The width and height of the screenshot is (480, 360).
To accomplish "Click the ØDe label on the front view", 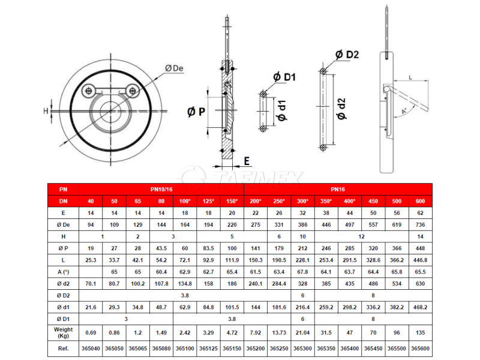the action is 174,68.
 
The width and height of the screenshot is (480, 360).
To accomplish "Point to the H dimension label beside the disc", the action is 46,111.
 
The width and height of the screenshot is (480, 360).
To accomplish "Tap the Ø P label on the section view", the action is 196,112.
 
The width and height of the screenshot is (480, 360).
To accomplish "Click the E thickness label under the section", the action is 247,161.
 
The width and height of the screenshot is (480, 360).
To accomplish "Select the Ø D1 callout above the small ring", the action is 284,77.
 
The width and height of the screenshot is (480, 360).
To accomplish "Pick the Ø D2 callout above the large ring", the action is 347,55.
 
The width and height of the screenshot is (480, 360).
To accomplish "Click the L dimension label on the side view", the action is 410,77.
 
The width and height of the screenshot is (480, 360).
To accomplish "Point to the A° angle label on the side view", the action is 404,111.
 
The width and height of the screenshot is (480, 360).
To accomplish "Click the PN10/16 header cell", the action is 161,190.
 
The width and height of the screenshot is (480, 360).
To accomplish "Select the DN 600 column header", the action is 421,201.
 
